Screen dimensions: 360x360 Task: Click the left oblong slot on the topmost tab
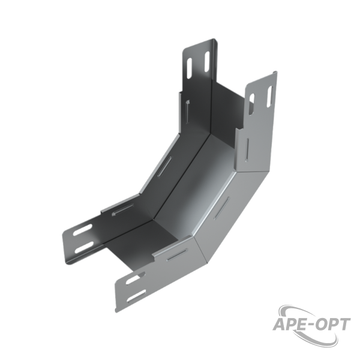click(x=190, y=68)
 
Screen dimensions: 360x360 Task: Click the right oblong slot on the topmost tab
click(x=207, y=61)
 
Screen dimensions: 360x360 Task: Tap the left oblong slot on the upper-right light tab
click(x=251, y=104)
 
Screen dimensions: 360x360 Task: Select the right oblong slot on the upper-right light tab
click(x=269, y=97)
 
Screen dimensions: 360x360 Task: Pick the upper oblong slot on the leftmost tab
click(x=82, y=230)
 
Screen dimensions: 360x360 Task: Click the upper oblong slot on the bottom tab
click(x=136, y=278)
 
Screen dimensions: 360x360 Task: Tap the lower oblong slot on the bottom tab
click(x=136, y=296)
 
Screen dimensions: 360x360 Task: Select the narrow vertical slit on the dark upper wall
click(x=188, y=112)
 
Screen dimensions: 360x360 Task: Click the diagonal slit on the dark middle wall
click(x=164, y=166)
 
